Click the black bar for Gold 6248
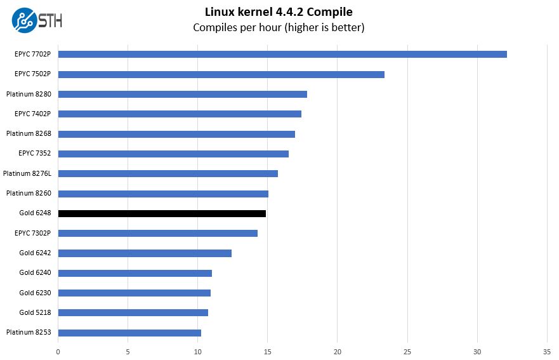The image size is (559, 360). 162,213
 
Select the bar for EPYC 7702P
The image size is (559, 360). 282,54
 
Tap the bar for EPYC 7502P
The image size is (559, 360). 221,74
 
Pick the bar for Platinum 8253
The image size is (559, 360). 129,333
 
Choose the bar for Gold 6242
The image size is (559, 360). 145,253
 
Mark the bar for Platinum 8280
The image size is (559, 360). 182,94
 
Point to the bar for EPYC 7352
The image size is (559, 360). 173,154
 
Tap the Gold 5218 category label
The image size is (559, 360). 35,312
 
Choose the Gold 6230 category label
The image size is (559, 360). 35,293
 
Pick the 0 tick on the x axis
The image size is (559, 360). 58,350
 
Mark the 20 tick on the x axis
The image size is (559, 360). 338,350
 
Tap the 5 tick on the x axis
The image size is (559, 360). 128,350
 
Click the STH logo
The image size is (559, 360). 37,20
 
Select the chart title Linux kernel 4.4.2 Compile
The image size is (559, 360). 279,12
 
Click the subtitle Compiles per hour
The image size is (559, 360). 279,27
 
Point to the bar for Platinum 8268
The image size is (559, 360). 176,134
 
